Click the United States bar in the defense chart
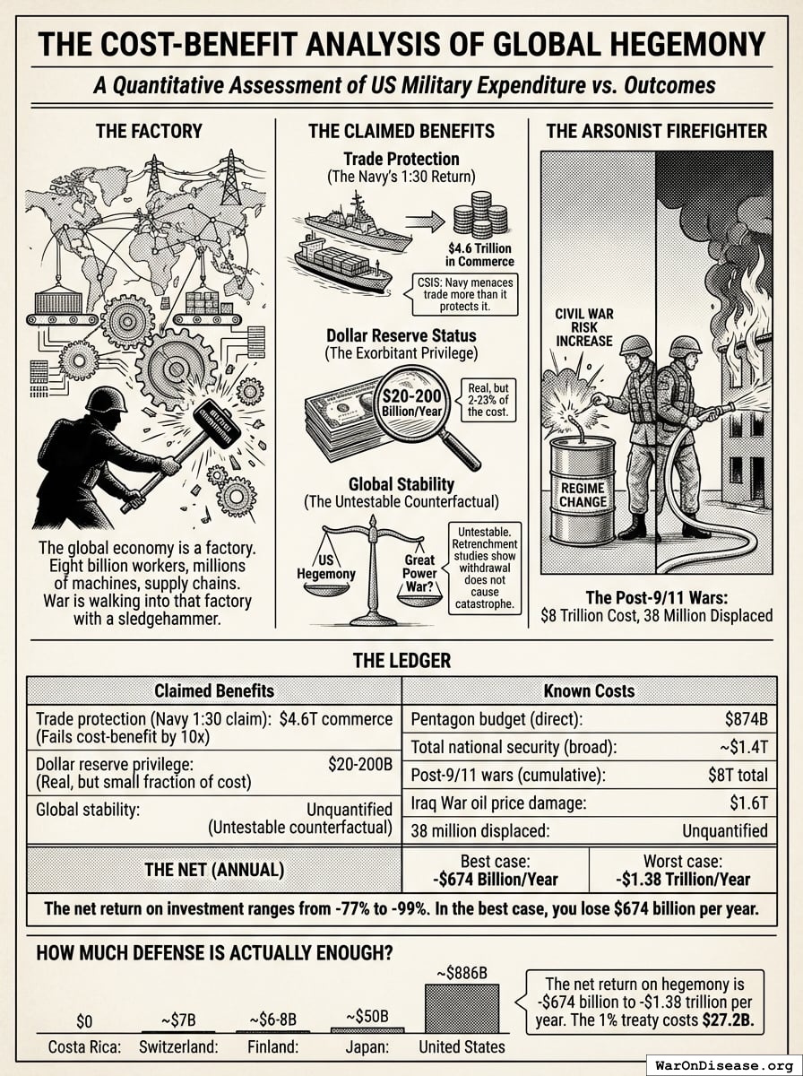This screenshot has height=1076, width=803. pyautogui.click(x=462, y=1009)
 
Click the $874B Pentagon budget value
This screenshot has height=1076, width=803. pyautogui.click(x=746, y=718)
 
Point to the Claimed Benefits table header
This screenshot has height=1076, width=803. pyautogui.click(x=214, y=690)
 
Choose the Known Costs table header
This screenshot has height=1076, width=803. pyautogui.click(x=589, y=690)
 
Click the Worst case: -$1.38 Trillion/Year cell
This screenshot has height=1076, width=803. pyautogui.click(x=683, y=870)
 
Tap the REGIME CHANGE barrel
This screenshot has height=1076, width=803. pyautogui.click(x=583, y=491)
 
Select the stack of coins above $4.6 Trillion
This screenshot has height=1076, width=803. pyautogui.click(x=481, y=215)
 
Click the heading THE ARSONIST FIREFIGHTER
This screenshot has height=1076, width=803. pyautogui.click(x=656, y=131)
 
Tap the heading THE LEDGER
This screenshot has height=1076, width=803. pyautogui.click(x=401, y=661)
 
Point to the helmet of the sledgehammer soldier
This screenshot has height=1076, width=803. pyautogui.click(x=105, y=398)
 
